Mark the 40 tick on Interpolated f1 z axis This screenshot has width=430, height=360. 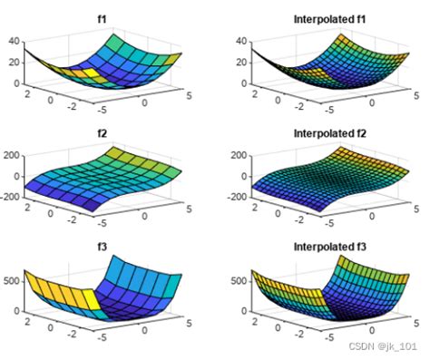(240, 41)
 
